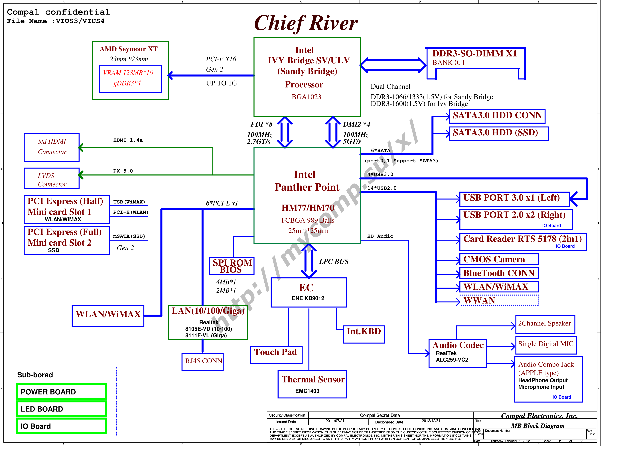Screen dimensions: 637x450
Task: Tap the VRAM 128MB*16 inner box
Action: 130,79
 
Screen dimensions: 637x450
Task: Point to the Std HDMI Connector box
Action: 52,148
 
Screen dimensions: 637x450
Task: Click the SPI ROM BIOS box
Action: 232,266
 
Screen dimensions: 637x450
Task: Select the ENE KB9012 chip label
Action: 308,298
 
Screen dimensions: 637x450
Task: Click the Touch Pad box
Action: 276,355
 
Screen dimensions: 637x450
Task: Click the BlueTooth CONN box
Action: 499,273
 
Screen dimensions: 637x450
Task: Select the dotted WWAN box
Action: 499,301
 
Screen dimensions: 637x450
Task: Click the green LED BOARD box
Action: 61,409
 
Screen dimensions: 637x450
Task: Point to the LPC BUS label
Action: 334,262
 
